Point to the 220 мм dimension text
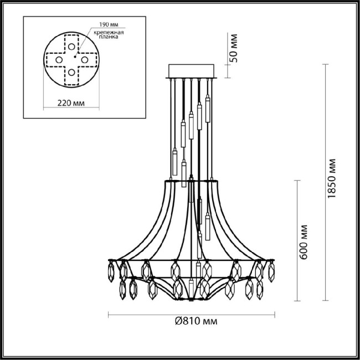point(71,102)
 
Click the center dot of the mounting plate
point(73,58)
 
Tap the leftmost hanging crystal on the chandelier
point(111,271)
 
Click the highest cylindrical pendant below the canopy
point(208,109)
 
